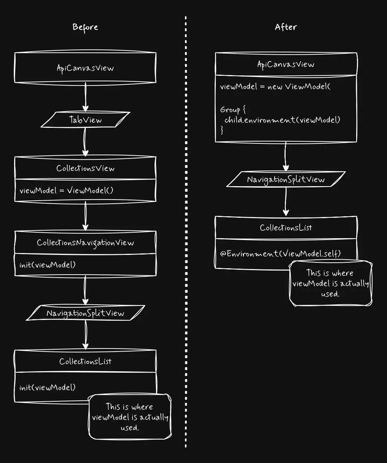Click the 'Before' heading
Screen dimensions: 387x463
(x=85, y=27)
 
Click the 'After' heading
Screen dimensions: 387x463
(x=286, y=27)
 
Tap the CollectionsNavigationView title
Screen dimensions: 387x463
(x=85, y=243)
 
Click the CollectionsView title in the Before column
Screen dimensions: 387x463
(x=85, y=168)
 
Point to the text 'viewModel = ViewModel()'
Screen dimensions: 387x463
(x=66, y=190)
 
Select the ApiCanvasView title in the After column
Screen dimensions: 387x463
(x=286, y=65)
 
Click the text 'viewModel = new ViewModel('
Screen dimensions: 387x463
(x=275, y=87)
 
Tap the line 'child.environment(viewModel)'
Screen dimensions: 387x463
(x=282, y=120)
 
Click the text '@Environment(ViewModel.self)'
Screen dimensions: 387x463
(x=280, y=253)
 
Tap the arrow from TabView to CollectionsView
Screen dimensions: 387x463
(x=85, y=142)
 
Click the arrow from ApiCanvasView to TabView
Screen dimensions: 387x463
(x=85, y=97)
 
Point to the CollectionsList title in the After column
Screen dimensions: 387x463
(x=286, y=228)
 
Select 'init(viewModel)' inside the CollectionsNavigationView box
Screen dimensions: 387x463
(x=48, y=265)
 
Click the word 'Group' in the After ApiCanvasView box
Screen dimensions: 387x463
(x=230, y=110)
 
